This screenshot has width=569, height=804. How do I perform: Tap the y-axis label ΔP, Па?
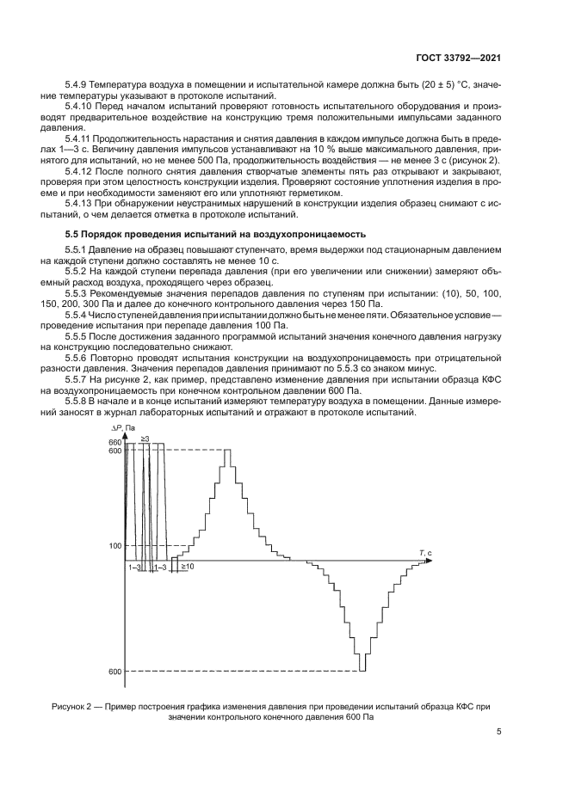pyautogui.click(x=123, y=427)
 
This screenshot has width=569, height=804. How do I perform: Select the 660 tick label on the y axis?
pyautogui.click(x=115, y=442)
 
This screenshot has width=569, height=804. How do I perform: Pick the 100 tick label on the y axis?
pyautogui.click(x=115, y=546)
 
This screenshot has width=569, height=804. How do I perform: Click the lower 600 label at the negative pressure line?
pyautogui.click(x=115, y=672)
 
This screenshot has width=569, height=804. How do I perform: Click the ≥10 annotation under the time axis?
pyautogui.click(x=187, y=568)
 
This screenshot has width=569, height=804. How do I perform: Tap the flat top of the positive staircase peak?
pyautogui.click(x=226, y=451)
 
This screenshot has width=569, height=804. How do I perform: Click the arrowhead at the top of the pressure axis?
pyautogui.click(x=126, y=435)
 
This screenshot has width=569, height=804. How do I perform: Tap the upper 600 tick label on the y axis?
pyautogui.click(x=115, y=451)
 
